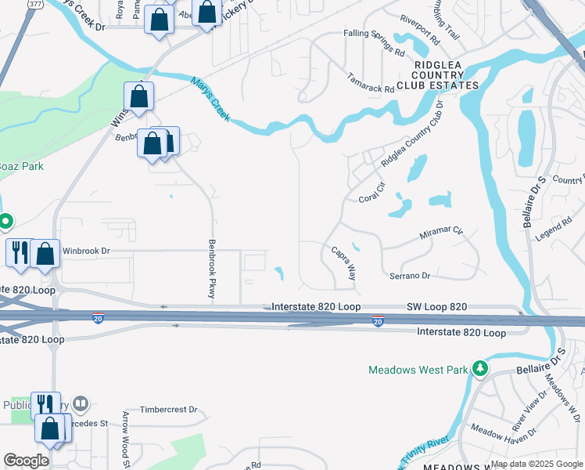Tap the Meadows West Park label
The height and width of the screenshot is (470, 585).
[418, 369]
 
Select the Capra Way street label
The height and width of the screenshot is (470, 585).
[344, 264]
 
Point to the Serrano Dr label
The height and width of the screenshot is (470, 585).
[410, 276]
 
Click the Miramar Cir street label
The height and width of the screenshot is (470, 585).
[441, 233]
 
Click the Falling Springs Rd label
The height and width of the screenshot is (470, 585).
[374, 42]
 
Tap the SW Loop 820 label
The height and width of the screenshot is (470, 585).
[436, 306]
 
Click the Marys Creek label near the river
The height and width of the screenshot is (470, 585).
[210, 99]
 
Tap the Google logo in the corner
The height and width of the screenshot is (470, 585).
[26, 460]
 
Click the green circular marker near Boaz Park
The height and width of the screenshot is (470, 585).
[5, 222]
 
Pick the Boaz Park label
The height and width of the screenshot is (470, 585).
[21, 166]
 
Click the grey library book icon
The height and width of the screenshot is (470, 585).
[80, 404]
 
